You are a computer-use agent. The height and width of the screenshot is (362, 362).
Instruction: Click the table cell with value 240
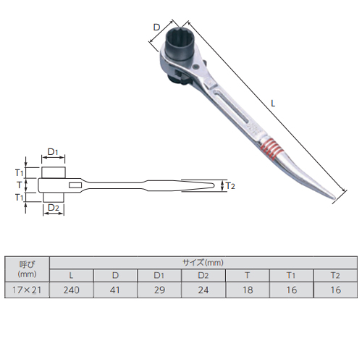point(72,290)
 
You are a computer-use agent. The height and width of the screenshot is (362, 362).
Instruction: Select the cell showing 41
point(115,290)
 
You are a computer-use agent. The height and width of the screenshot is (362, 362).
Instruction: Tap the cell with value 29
point(159,290)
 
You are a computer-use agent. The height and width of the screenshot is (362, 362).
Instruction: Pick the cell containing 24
point(203,290)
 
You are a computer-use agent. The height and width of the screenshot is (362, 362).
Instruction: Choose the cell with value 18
point(248,290)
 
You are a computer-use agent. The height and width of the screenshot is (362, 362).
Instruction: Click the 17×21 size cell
point(27,290)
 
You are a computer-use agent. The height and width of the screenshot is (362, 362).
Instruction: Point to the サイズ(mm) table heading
point(203,263)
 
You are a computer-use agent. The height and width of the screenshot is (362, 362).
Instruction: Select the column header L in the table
point(72,275)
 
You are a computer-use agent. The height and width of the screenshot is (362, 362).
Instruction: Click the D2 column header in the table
point(203,275)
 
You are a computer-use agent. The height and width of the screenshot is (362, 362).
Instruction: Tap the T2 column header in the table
point(335,275)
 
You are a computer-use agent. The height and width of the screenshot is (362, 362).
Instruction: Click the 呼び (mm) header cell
point(27,269)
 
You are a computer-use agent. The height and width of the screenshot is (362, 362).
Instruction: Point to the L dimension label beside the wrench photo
point(273,104)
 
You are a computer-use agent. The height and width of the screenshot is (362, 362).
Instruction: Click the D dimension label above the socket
point(156,28)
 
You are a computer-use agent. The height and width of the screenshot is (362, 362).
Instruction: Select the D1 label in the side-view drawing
point(53,152)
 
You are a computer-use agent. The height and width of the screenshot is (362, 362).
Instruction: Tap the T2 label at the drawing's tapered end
point(230,186)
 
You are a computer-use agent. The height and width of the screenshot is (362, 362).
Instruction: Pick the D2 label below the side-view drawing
point(54,208)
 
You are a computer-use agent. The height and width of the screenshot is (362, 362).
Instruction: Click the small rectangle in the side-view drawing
point(75,185)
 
